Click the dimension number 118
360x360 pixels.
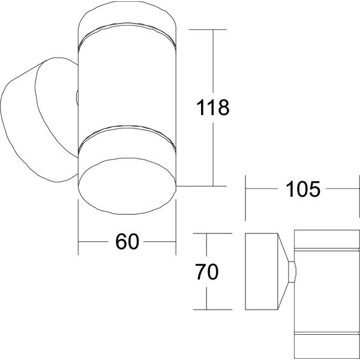pyautogui.click(x=213, y=107)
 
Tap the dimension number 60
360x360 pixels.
pyautogui.click(x=127, y=242)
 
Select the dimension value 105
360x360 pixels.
pyautogui.click(x=302, y=189)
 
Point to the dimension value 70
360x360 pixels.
pyautogui.click(x=206, y=272)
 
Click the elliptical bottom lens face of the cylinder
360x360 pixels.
pyautogui.click(x=127, y=186)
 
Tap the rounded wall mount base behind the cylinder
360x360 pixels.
pyautogui.click(x=39, y=119)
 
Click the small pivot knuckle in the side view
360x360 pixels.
pyautogui.click(x=292, y=272)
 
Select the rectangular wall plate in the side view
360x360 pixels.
pyautogui.click(x=262, y=272)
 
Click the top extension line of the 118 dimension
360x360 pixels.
pyautogui.click(x=208, y=29)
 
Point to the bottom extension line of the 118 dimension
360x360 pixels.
pyautogui.click(x=202, y=186)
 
